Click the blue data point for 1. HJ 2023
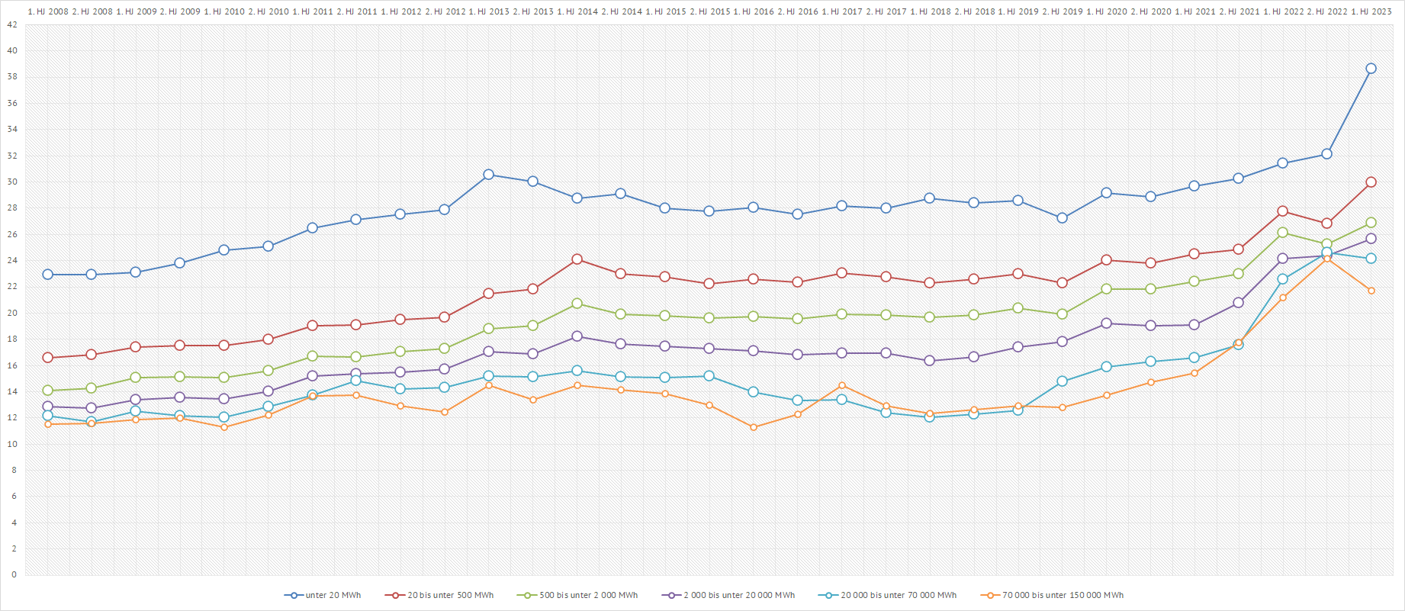pyautogui.click(x=1371, y=69)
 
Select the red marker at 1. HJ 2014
pyautogui.click(x=577, y=259)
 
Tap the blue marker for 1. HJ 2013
pyautogui.click(x=488, y=175)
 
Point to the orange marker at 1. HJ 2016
pyautogui.click(x=754, y=427)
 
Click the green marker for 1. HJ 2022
pyautogui.click(x=1282, y=233)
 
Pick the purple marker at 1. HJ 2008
pyautogui.click(x=48, y=407)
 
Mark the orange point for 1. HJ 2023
pyautogui.click(x=1371, y=291)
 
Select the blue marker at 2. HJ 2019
pyautogui.click(x=1062, y=218)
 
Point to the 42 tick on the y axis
pyautogui.click(x=12, y=24)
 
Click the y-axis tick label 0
pyautogui.click(x=14, y=574)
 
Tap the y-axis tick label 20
pyautogui.click(x=12, y=313)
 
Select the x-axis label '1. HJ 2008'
pyautogui.click(x=48, y=11)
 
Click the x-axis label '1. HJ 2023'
pyautogui.click(x=1371, y=11)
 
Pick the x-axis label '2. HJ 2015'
pyautogui.click(x=709, y=11)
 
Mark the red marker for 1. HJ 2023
pyautogui.click(x=1371, y=182)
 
